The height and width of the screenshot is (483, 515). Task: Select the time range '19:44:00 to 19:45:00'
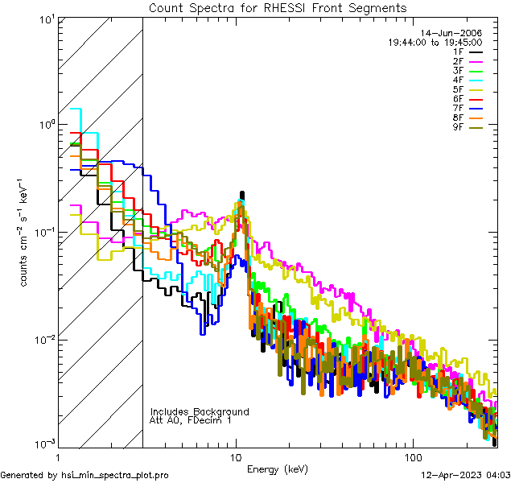click(435, 42)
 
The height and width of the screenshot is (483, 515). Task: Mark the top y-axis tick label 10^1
click(45, 19)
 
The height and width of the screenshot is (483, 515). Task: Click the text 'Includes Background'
click(200, 411)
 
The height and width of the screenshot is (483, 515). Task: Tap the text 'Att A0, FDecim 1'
click(191, 420)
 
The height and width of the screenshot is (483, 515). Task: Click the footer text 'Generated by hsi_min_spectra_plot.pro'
click(84, 475)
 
